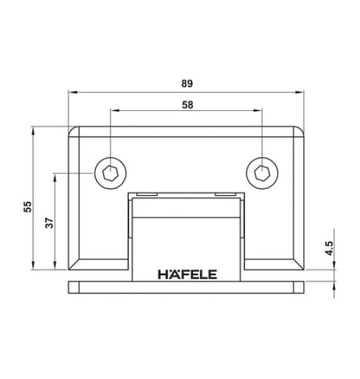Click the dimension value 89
click(x=186, y=83)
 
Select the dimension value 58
click(x=187, y=104)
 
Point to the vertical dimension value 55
click(x=27, y=207)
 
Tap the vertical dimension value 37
click(x=48, y=222)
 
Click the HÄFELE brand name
click(x=187, y=274)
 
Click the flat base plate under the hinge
click(x=187, y=287)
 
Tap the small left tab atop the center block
click(x=145, y=194)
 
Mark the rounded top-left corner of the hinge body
click(x=73, y=131)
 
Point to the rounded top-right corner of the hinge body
click(x=302, y=131)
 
